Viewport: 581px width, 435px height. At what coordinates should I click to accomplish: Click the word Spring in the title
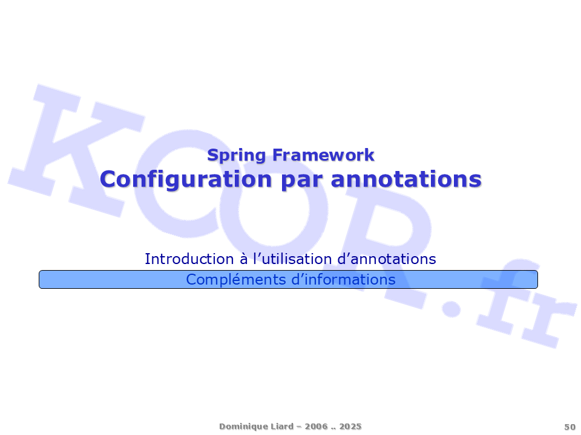pyautogui.click(x=237, y=155)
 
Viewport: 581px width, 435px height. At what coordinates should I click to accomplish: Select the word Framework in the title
pyautogui.click(x=323, y=155)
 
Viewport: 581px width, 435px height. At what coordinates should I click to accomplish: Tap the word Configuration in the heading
pyautogui.click(x=186, y=180)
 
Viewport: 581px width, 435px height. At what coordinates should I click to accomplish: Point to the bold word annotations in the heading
pyautogui.click(x=406, y=179)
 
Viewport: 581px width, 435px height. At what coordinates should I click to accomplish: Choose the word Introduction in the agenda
pyautogui.click(x=189, y=259)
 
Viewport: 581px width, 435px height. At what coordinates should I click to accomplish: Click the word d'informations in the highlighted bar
pyautogui.click(x=343, y=279)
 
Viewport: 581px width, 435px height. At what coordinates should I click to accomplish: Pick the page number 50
pyautogui.click(x=570, y=427)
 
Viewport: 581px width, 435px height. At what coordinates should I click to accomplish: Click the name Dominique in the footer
pyautogui.click(x=237, y=427)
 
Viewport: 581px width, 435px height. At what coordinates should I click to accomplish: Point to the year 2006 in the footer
pyautogui.click(x=316, y=426)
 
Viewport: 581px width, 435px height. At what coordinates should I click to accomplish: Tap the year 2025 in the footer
pyautogui.click(x=350, y=426)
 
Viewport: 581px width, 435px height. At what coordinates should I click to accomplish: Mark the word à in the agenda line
pyautogui.click(x=243, y=259)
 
